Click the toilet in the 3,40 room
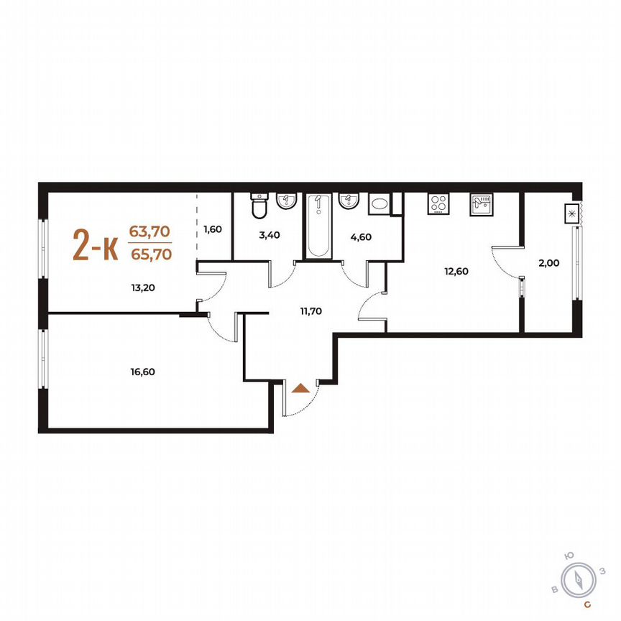click(258, 207)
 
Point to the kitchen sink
click(481, 204)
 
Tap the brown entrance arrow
click(302, 388)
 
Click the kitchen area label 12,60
click(457, 271)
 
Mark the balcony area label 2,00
click(548, 263)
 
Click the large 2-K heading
click(95, 246)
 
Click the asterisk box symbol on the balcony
click(571, 213)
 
